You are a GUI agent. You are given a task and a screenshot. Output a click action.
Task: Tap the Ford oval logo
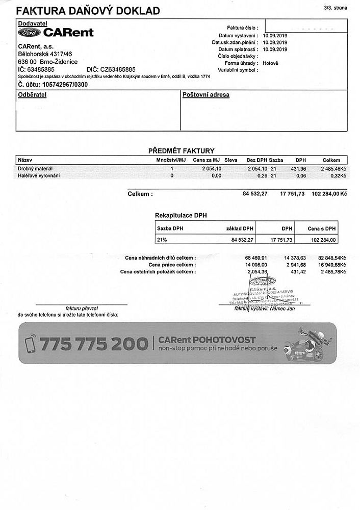coord(30,32)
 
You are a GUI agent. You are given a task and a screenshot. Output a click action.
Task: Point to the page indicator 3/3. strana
coord(335,8)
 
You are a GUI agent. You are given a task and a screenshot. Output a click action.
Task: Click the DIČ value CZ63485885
coord(118,69)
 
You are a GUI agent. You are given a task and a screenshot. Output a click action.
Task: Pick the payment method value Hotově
coord(270,63)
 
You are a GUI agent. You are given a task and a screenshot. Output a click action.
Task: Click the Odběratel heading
coord(32,95)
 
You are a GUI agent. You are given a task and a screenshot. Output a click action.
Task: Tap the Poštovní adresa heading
coord(206,95)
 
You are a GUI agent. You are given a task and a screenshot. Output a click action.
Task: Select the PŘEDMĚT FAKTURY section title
coord(181,150)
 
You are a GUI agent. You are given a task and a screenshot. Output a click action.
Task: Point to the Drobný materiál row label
coord(35,168)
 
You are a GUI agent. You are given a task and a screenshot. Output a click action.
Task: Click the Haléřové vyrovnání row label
coord(39,175)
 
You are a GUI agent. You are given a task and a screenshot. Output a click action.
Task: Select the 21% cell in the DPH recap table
coord(163,239)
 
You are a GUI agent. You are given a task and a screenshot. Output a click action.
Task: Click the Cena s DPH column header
coord(322,228)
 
